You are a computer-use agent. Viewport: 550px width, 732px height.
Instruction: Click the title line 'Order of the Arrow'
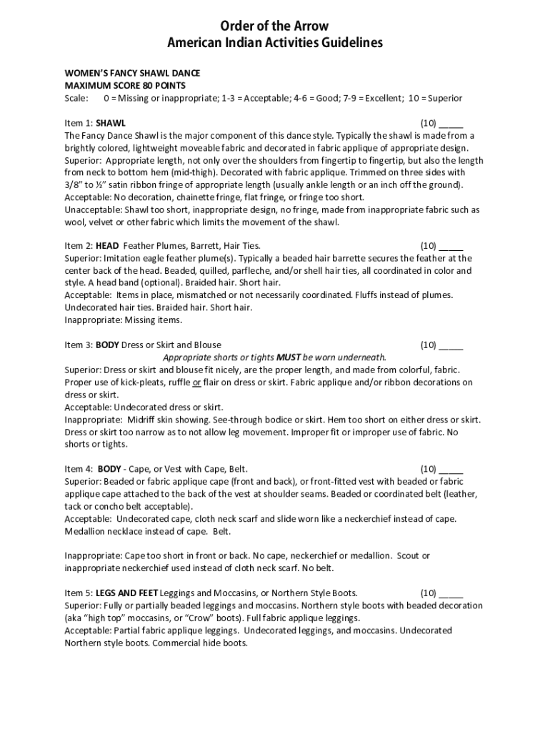point(275,27)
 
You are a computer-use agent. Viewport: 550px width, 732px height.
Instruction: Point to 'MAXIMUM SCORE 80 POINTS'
point(121,86)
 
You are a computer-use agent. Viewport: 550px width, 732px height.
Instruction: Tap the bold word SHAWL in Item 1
point(111,123)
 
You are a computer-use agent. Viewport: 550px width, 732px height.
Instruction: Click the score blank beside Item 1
point(451,123)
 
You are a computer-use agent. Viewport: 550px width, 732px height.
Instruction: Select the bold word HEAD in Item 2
point(107,245)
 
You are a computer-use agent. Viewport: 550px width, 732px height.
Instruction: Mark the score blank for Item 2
point(451,245)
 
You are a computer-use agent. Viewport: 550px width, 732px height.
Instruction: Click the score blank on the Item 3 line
point(451,345)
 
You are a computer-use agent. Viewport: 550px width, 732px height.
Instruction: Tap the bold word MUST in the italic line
point(289,357)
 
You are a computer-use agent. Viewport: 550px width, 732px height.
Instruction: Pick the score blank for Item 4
point(451,469)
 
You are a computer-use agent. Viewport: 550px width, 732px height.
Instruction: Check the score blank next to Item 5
point(451,593)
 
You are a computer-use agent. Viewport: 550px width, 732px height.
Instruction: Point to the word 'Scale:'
point(76,98)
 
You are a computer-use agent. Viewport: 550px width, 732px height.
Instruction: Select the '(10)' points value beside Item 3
point(429,345)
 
